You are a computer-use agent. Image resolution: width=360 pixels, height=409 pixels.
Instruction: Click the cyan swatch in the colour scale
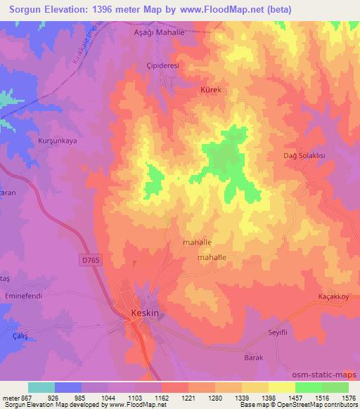coord(41,387)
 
